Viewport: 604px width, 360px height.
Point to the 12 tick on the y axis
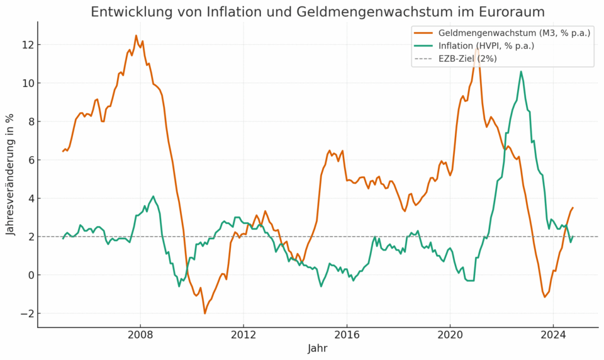click(28, 45)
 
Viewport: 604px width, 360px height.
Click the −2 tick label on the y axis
click(25, 313)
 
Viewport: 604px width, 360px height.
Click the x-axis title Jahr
click(318, 348)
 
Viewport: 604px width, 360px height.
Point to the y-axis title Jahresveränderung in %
click(11, 174)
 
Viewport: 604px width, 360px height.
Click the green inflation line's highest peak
click(521, 71)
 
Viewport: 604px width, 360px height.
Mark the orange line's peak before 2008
click(136, 36)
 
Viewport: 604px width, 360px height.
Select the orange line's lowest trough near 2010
click(205, 313)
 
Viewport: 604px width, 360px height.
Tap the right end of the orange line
click(573, 208)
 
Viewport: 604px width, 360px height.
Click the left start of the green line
click(63, 239)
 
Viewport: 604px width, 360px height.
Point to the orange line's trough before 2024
click(545, 297)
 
